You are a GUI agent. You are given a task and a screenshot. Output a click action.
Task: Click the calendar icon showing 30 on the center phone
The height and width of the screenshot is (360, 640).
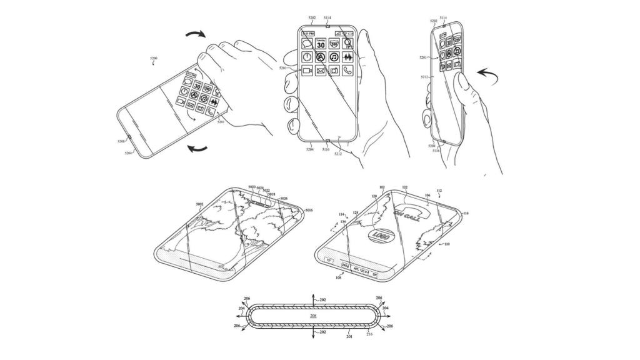tap(321, 44)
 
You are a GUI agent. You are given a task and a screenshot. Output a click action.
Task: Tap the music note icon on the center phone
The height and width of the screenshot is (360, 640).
tap(334, 57)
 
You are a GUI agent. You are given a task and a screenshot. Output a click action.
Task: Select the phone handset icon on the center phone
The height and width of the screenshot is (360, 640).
tap(347, 71)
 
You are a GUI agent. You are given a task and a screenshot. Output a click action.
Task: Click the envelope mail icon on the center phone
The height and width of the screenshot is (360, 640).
tap(321, 71)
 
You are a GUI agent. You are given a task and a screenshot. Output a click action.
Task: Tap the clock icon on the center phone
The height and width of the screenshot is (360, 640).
tap(307, 57)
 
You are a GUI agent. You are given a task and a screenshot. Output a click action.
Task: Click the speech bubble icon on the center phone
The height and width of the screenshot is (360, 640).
tap(307, 44)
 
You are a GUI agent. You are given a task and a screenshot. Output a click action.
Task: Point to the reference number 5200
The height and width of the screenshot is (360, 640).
tap(154, 58)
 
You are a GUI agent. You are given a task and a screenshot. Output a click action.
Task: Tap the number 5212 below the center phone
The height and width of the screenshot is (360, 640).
tap(338, 154)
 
